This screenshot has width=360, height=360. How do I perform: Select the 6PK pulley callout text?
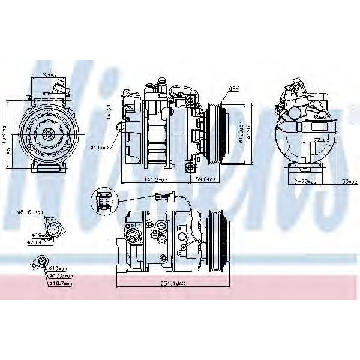pyautogui.click(x=232, y=88)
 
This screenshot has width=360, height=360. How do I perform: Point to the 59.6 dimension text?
pyautogui.click(x=205, y=179)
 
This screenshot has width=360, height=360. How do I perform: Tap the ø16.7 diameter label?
pyautogui.click(x=61, y=283)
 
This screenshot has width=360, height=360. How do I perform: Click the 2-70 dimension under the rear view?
pyautogui.click(x=305, y=181)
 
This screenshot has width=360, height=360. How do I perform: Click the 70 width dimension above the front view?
pyautogui.click(x=49, y=74)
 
